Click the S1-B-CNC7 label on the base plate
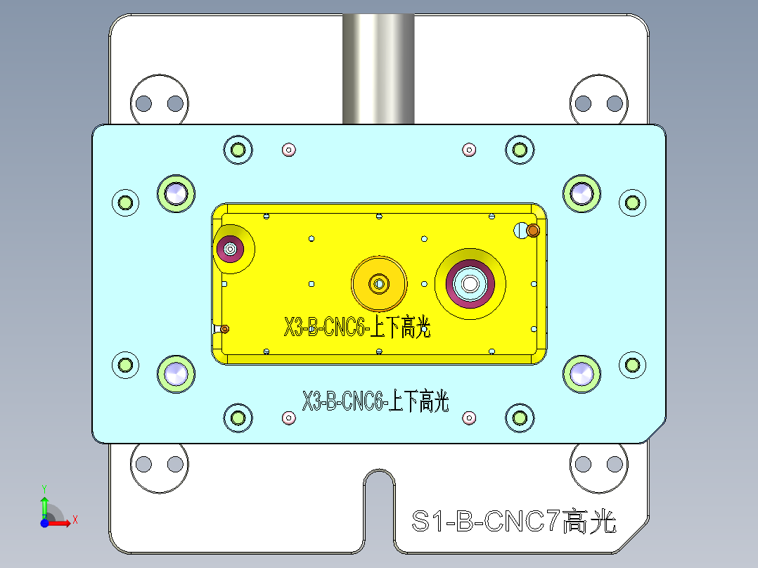coord(513,522)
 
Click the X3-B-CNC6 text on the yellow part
coord(356,328)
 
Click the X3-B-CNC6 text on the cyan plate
coord(375,402)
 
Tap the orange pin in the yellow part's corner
coord(533,230)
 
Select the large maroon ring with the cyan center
coord(470,283)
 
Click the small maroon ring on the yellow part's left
coord(230,248)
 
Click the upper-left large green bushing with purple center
coord(176,193)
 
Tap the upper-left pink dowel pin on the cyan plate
coord(288,149)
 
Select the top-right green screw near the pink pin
coord(520,149)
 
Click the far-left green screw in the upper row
coord(126,202)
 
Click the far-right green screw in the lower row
coord(632,364)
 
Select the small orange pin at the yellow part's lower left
coord(224,328)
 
